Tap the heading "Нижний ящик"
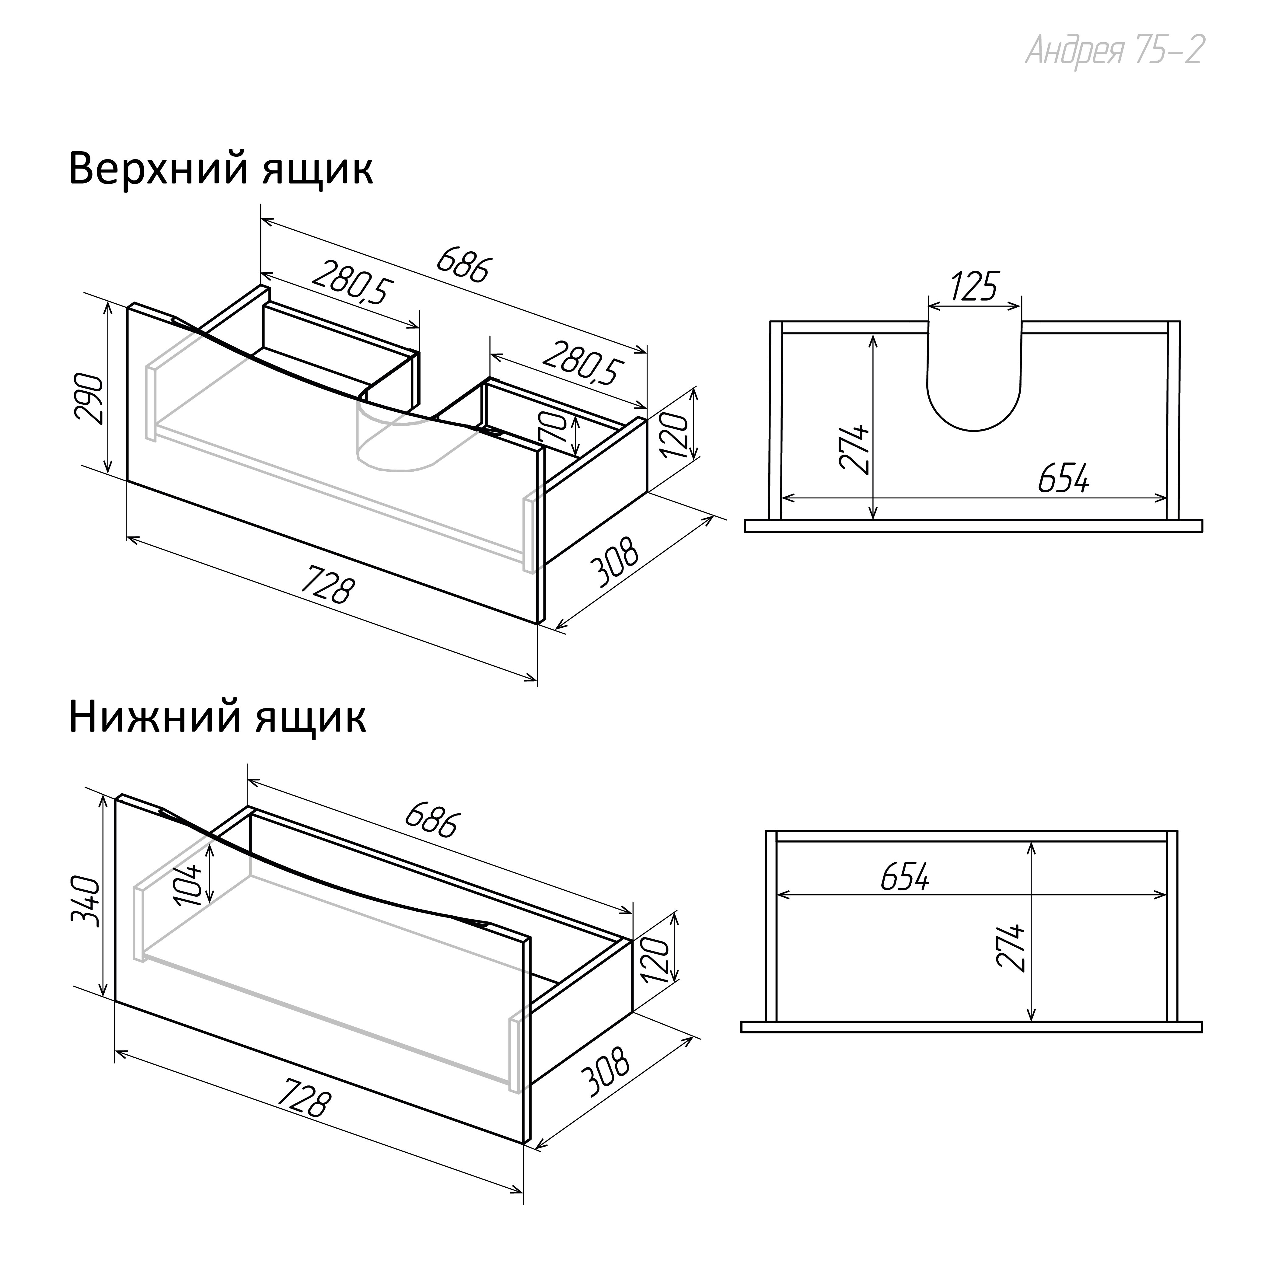click(x=217, y=718)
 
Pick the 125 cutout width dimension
click(x=974, y=286)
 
